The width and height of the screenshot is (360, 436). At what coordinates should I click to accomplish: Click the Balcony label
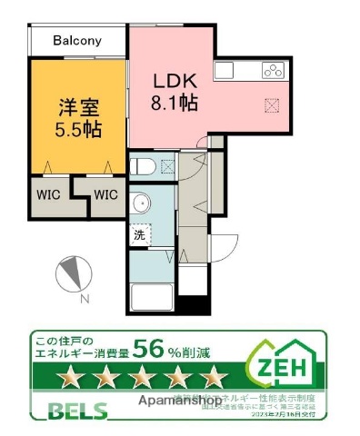tap(76, 40)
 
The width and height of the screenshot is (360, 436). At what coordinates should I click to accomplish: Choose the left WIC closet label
tap(49, 193)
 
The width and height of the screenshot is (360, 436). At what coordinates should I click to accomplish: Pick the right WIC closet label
tap(105, 193)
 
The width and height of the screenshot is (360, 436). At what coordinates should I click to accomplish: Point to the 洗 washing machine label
tap(140, 236)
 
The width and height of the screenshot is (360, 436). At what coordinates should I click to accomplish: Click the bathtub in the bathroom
tap(148, 296)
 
